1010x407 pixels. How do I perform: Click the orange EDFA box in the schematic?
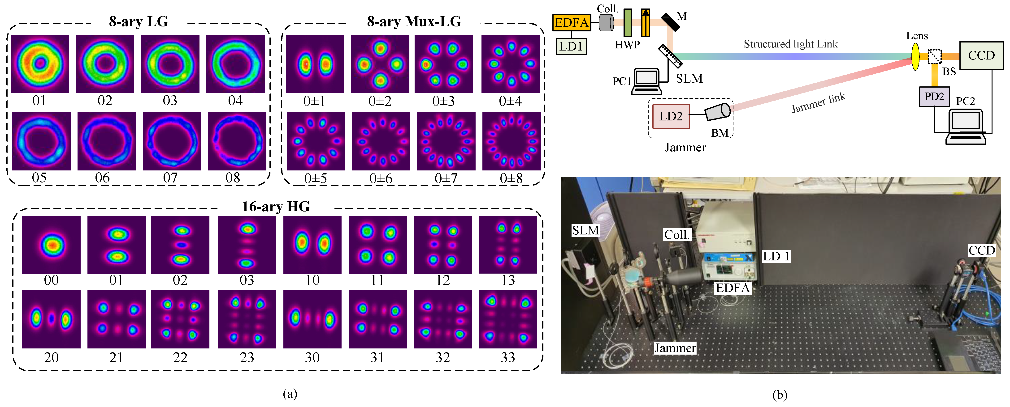(571, 23)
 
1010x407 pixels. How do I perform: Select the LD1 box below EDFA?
(571, 47)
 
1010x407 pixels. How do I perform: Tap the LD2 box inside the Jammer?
(671, 116)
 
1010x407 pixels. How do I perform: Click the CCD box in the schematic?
(981, 55)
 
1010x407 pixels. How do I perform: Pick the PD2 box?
(934, 96)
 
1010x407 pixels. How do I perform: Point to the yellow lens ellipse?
(915, 57)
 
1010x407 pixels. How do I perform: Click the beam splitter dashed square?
(934, 57)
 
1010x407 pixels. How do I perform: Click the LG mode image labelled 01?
(40, 64)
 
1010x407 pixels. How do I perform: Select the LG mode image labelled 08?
(237, 141)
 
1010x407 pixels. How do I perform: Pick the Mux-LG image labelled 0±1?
(315, 64)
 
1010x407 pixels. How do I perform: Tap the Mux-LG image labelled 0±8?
(511, 141)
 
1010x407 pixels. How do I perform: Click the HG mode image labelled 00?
(51, 245)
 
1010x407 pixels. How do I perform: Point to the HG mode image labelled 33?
(508, 319)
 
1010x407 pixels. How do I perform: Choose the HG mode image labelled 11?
(377, 245)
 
